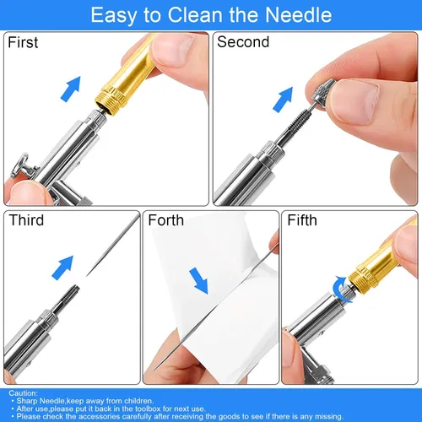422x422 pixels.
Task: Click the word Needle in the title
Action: coord(299,14)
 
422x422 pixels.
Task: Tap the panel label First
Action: coord(23,42)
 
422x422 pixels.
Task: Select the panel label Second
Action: coord(243,42)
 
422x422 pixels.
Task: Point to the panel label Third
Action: coord(26,220)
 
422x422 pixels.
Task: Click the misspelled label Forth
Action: coord(166,220)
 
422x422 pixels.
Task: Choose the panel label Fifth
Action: coord(302,220)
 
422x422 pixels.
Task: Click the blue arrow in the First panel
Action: coord(71,89)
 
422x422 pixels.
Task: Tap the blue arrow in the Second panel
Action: coord(283,100)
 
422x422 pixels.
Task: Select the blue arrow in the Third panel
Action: coord(62,268)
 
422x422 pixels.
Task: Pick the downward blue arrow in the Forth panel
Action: coord(199,281)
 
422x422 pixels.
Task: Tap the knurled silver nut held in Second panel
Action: coord(323,91)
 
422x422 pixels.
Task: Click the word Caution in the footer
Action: coord(23,393)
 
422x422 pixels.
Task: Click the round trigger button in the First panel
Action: coord(22,165)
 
